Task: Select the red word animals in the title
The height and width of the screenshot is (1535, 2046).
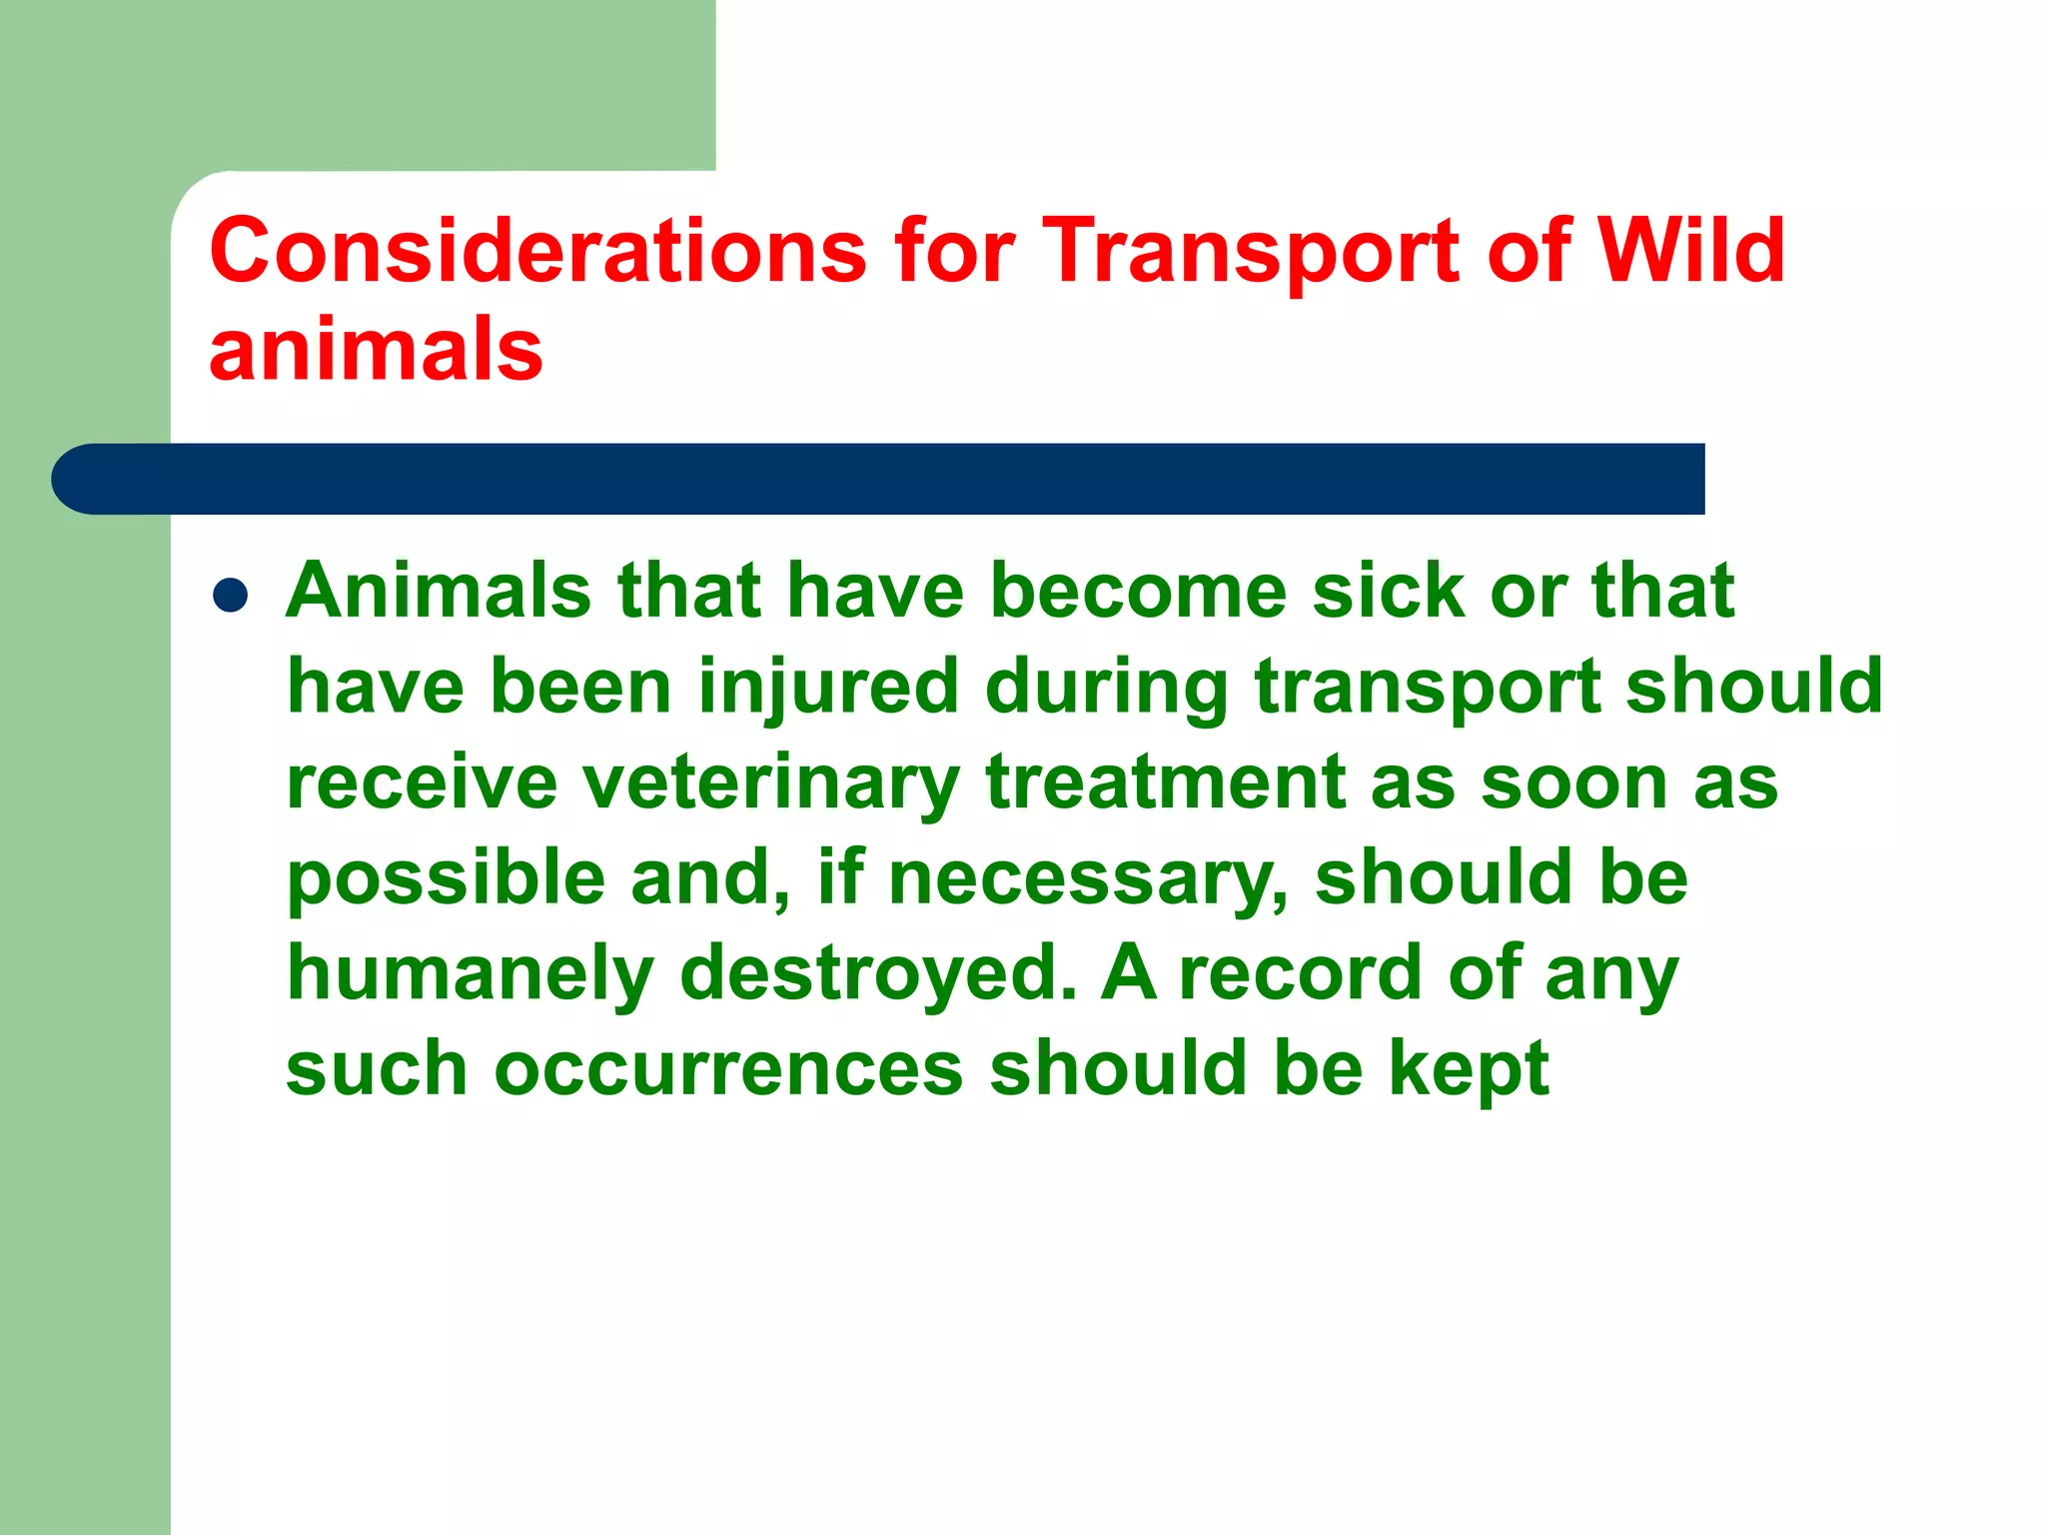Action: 376,349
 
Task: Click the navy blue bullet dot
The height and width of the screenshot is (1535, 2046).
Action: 231,596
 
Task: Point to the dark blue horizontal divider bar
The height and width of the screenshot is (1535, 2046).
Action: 879,479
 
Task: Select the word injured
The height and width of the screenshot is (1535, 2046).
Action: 828,688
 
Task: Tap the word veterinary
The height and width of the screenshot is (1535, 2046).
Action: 771,783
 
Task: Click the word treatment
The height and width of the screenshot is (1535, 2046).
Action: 1165,781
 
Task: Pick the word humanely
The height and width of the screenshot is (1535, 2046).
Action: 471,975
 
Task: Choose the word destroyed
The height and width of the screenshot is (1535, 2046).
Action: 879,973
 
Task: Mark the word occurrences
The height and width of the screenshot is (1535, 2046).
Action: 729,1068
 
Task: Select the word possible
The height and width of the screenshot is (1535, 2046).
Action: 447,879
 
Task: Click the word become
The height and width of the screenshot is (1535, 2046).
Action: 1138,591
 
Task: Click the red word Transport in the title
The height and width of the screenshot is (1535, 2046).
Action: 1253,252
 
